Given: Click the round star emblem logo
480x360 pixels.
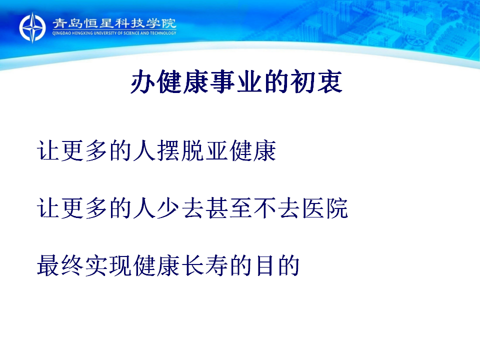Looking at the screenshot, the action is [32, 27].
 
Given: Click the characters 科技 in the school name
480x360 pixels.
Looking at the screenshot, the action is [129, 23].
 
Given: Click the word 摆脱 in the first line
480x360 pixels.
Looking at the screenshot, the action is [180, 150].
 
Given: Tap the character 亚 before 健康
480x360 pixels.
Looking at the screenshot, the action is [216, 150].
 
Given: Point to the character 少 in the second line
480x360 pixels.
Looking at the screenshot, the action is [168, 208].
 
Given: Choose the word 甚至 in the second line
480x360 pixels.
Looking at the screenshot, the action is [228, 208].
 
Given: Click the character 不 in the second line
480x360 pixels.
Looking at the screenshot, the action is [264, 208].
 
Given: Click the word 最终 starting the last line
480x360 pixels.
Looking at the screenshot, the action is [60, 265].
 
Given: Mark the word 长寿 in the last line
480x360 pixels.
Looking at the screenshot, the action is [204, 265].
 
